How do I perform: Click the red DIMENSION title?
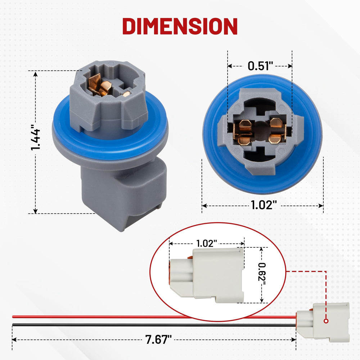180,26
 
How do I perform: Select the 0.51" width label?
260,66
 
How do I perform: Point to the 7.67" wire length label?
158,339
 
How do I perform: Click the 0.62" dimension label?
262,275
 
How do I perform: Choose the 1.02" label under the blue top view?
264,205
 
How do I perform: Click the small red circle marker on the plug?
326,321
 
